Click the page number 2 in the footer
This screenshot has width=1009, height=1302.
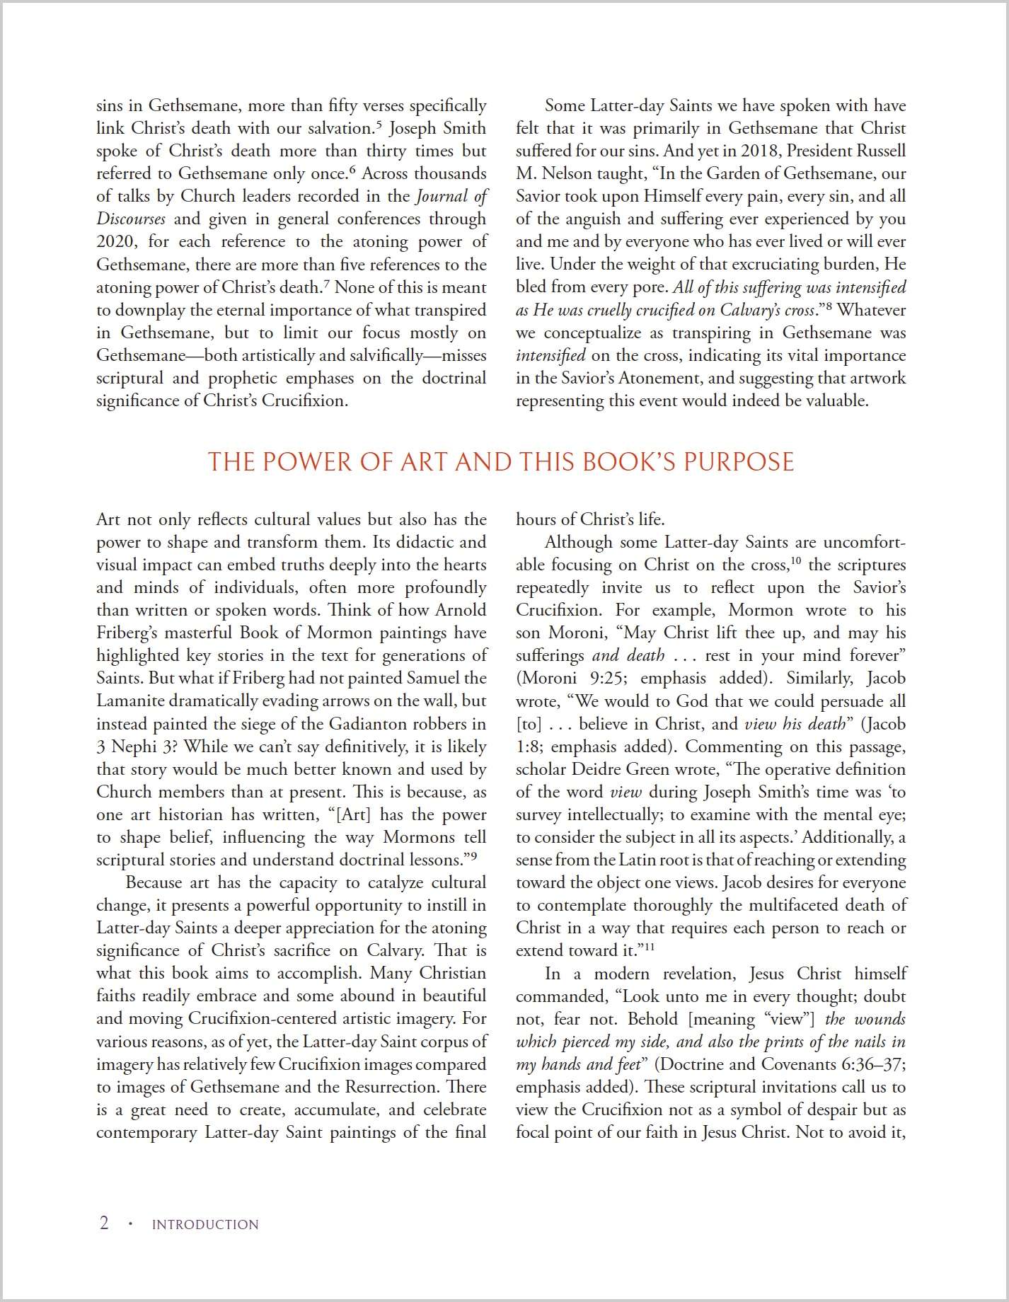104,1223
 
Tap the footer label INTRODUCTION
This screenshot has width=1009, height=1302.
205,1225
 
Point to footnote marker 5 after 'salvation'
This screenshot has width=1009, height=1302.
379,125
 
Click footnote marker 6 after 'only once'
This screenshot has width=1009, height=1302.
352,170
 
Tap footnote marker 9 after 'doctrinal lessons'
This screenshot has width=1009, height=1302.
473,856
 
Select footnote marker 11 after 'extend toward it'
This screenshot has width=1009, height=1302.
649,947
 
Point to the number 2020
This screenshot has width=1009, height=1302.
117,241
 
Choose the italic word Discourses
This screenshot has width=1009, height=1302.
131,219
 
